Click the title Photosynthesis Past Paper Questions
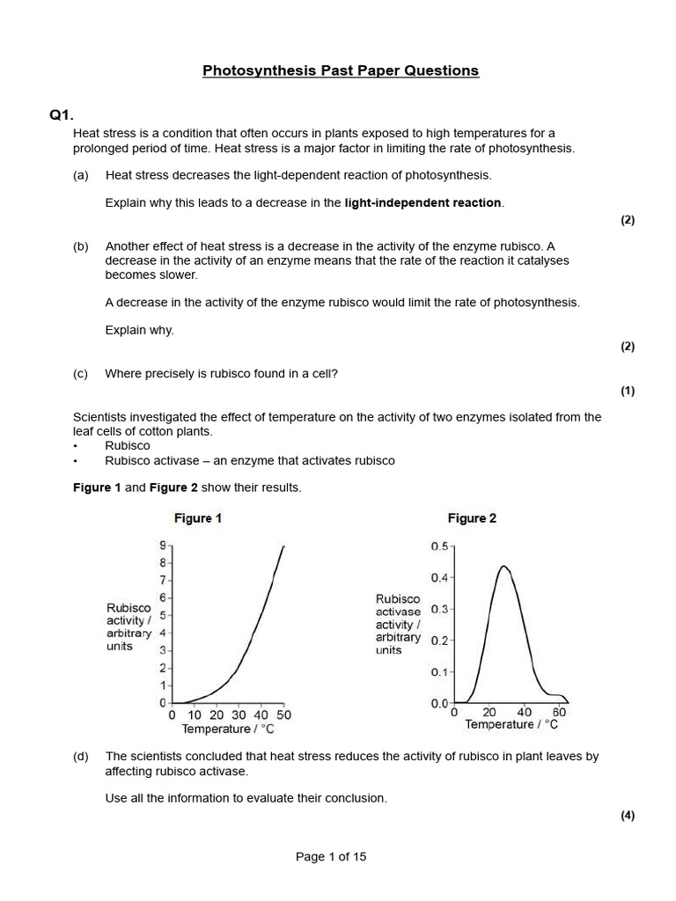[341, 70]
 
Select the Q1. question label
[62, 115]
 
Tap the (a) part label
[81, 175]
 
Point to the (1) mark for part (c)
[627, 392]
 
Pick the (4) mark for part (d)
[627, 816]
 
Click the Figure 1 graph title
[198, 518]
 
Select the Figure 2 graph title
[472, 518]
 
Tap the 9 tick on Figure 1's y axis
[162, 546]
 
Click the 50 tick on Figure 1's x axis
[283, 716]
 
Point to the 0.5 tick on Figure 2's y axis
[439, 546]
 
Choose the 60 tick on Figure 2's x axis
[559, 711]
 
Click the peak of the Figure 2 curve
[503, 566]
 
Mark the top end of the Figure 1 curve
[283, 546]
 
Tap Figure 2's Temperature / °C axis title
[511, 724]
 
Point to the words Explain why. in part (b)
[140, 330]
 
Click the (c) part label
[81, 373]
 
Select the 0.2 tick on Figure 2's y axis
[439, 641]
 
